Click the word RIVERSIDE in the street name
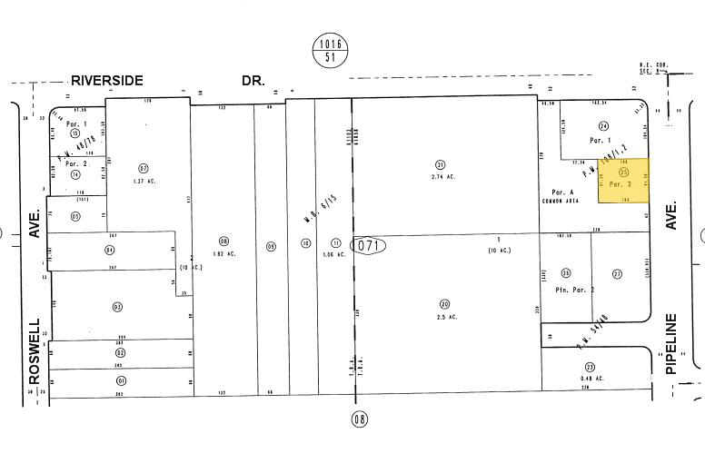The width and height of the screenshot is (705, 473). tap(106, 81)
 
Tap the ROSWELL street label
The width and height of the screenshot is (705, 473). tap(35, 350)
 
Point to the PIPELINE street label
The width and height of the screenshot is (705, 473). tap(673, 344)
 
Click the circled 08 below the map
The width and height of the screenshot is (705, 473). tap(361, 419)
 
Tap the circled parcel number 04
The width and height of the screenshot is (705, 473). tap(110, 249)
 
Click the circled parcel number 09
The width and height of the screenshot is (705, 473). tap(270, 243)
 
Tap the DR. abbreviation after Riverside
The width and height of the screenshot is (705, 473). tap(253, 81)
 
